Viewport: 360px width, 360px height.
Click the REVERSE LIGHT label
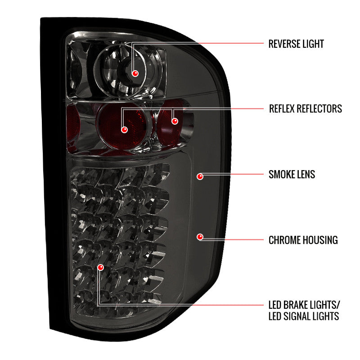pyautogui.click(x=296, y=44)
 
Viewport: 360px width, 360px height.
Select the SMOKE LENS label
pyautogui.click(x=292, y=174)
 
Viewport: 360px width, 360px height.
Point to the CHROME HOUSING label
pyautogui.click(x=303, y=240)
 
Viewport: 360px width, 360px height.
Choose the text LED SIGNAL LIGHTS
pyautogui.click(x=304, y=316)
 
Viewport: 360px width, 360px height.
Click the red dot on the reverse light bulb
pyautogui.click(x=135, y=72)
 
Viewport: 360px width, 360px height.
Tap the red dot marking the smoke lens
pyautogui.click(x=200, y=176)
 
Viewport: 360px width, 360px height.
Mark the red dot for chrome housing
pyautogui.click(x=200, y=236)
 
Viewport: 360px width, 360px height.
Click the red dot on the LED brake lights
pyautogui.click(x=100, y=267)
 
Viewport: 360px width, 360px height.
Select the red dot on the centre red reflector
pyautogui.click(x=125, y=130)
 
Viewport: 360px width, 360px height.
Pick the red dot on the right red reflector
pyautogui.click(x=175, y=121)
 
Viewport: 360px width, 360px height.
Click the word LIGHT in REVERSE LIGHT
pyautogui.click(x=313, y=44)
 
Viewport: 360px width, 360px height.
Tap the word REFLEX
pyautogui.click(x=283, y=108)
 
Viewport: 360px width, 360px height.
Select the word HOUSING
pyautogui.click(x=320, y=240)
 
